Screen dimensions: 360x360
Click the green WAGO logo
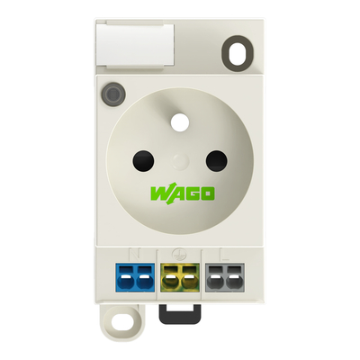pos(181,193)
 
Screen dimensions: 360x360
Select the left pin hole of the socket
pos(143,160)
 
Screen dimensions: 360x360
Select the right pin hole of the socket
pos(216,160)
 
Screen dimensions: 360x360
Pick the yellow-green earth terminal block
pos(180,277)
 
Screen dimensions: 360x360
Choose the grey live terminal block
pos(223,277)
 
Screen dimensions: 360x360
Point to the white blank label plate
pos(135,45)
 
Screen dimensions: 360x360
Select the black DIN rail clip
pos(180,310)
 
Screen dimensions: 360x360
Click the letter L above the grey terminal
pos(223,255)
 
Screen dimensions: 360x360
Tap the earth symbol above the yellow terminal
pos(180,255)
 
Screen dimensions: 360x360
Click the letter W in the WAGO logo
pos(159,193)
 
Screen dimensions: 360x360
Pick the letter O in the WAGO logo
pos(206,193)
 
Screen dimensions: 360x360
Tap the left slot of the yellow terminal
pos(172,276)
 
